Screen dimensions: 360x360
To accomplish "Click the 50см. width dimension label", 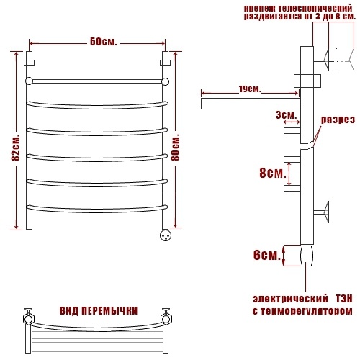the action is pyautogui.click(x=104, y=42).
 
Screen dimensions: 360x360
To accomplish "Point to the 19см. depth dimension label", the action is pyautogui.click(x=250, y=89).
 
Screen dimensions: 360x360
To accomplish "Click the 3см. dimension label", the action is pyautogui.click(x=287, y=115).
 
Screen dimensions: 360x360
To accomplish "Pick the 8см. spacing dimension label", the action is pyautogui.click(x=273, y=173).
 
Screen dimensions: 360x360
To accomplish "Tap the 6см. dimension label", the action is pyautogui.click(x=267, y=255).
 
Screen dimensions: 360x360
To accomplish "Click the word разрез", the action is pyautogui.click(x=338, y=120).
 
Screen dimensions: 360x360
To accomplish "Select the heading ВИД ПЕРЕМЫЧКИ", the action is pyautogui.click(x=99, y=311).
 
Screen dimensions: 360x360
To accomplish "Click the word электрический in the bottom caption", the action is pyautogui.click(x=290, y=299).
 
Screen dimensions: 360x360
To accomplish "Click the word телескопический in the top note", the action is pyautogui.click(x=315, y=8).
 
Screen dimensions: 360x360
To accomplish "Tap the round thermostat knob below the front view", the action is pyautogui.click(x=166, y=235).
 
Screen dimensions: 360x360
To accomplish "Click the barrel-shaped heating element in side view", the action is pyautogui.click(x=307, y=256).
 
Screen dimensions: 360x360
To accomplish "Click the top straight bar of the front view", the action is pyautogui.click(x=97, y=81).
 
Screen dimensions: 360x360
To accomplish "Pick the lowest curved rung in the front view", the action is pyautogui.click(x=97, y=209).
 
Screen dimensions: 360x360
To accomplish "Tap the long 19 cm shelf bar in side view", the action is pyautogui.click(x=251, y=104).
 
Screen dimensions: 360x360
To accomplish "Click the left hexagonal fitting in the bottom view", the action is pyautogui.click(x=29, y=319).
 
